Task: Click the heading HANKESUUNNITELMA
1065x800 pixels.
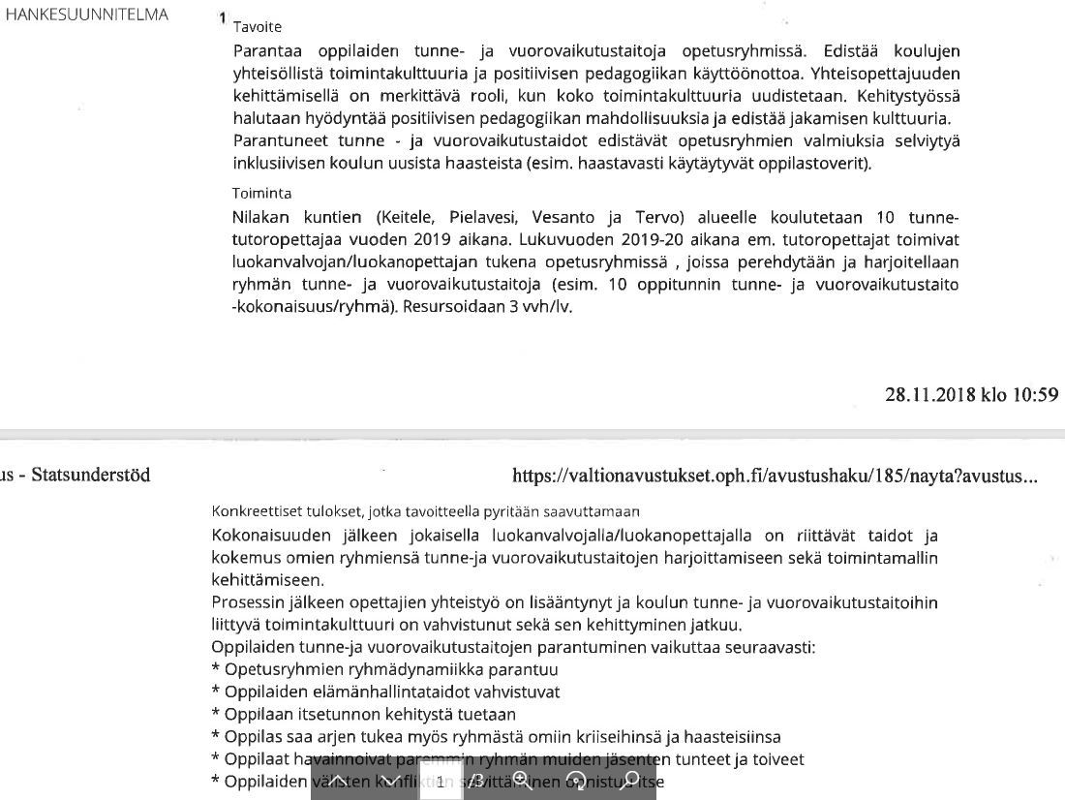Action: (87, 15)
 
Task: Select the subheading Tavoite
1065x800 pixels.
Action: (258, 27)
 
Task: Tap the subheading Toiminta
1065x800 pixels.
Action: (261, 193)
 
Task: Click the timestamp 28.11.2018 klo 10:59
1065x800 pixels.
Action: (971, 394)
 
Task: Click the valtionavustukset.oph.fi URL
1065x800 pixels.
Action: (775, 476)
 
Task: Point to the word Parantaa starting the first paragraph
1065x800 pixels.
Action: (266, 50)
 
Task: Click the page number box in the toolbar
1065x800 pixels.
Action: (441, 781)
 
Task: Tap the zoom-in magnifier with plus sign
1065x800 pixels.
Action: (521, 780)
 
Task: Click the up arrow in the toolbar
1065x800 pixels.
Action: (338, 780)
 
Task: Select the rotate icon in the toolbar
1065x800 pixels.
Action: (576, 781)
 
